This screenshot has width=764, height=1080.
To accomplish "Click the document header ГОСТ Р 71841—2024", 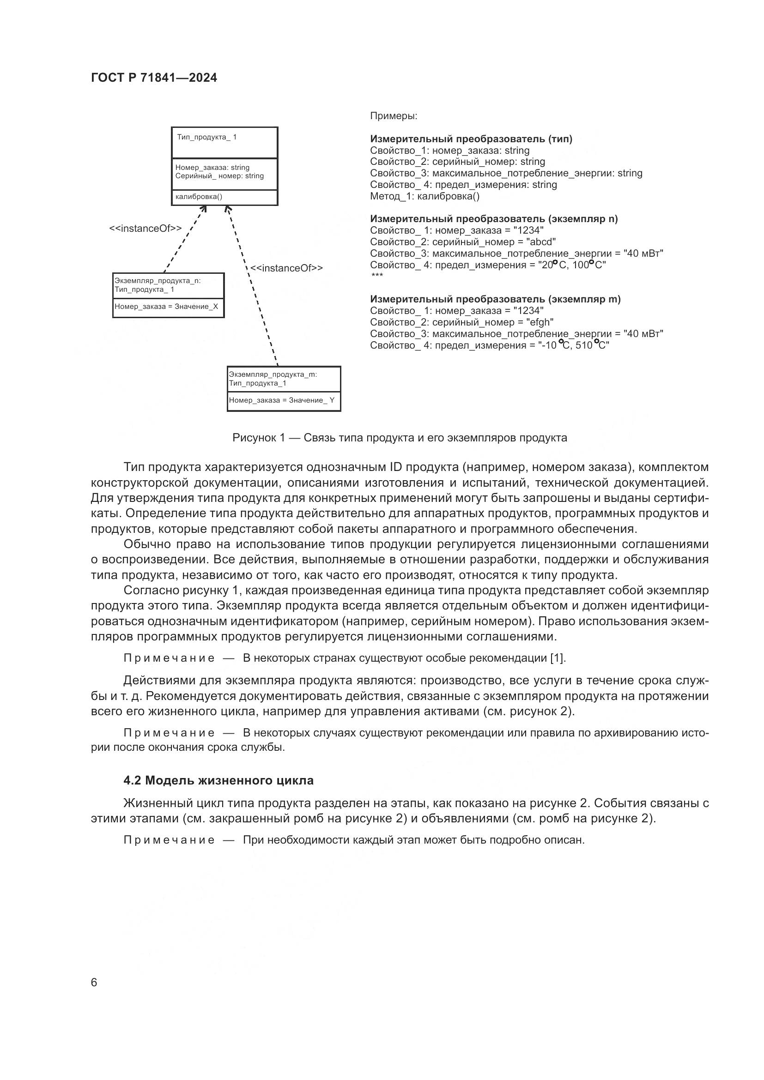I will click(154, 78).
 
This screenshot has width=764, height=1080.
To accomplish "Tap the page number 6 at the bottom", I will click(94, 983).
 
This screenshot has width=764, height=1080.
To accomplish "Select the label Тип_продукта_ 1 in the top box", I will click(207, 137).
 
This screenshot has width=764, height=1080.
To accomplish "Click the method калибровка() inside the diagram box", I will click(199, 197).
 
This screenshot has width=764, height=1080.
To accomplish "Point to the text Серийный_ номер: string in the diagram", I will click(219, 176).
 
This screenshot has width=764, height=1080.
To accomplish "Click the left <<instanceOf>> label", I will click(146, 229).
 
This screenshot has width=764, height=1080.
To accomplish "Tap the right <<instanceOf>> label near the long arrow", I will click(286, 268).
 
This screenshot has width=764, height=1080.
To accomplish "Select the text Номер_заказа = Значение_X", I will click(167, 307).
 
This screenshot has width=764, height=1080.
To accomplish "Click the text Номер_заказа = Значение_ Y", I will click(281, 400).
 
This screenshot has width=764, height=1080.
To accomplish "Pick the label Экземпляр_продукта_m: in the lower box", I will click(273, 374).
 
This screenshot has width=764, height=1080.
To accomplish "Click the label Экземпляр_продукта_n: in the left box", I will click(158, 281).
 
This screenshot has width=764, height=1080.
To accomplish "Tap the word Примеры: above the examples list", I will click(394, 116).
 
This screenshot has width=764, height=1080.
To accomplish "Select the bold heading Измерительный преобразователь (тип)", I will click(471, 139).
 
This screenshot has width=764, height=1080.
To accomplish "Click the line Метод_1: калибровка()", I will click(424, 196).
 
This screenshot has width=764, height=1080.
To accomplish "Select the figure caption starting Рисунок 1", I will click(400, 438).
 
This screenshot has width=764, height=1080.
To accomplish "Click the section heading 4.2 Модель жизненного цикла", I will click(218, 781).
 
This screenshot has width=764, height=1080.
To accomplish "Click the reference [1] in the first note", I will click(558, 658).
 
